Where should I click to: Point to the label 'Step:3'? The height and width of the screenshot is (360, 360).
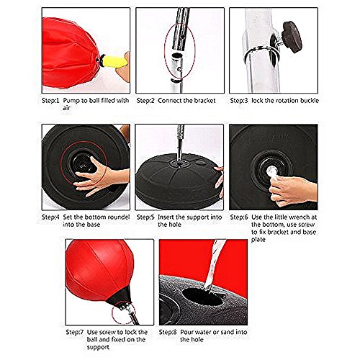241,101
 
